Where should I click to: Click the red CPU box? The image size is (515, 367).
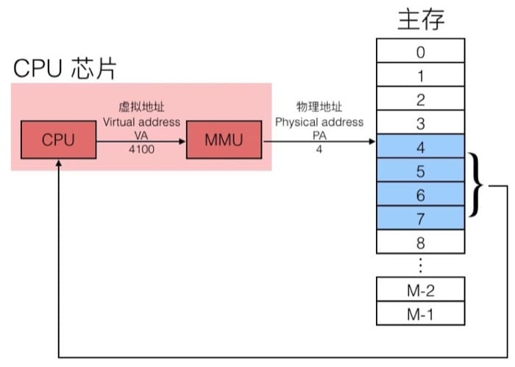tap(58, 139)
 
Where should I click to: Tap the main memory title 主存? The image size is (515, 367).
tap(421, 19)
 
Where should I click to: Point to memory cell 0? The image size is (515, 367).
tap(420, 52)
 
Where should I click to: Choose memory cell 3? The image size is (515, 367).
tap(420, 122)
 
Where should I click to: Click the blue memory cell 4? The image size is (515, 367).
tap(420, 146)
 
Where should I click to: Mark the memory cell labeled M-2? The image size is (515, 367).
tap(420, 290)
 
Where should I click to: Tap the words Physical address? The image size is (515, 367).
tap(319, 122)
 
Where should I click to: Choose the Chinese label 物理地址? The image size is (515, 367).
tap(319, 108)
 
